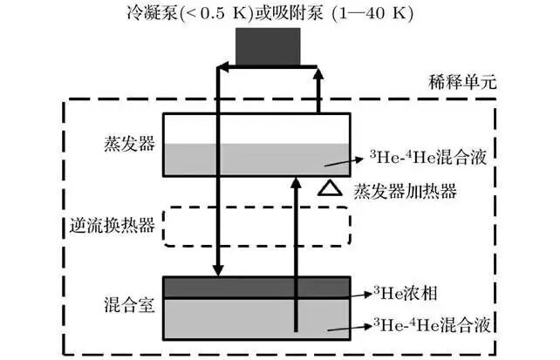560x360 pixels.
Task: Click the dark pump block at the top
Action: [268, 47]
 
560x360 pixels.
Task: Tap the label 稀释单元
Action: [462, 83]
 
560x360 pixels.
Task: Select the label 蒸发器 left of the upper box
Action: [130, 144]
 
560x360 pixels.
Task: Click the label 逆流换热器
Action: [113, 225]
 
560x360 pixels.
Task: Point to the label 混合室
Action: [130, 305]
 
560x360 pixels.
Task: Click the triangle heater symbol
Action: [330, 189]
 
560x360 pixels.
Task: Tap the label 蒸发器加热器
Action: [405, 191]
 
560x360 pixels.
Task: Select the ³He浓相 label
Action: [406, 293]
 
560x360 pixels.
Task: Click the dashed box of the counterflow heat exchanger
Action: [256, 207]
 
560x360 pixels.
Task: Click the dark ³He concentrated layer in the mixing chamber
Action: [256, 287]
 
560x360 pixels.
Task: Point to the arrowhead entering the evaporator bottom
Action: [296, 182]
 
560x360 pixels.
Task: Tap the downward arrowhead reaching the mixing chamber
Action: [218, 270]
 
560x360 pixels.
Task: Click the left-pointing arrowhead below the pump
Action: [222, 66]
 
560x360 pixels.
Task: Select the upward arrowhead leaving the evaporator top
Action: [319, 73]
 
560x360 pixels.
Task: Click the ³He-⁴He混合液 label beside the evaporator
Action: [428, 157]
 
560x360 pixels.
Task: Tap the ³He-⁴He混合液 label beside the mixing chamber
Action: [432, 324]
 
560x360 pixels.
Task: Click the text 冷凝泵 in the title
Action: [152, 13]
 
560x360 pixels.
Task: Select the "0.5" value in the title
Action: [211, 14]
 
